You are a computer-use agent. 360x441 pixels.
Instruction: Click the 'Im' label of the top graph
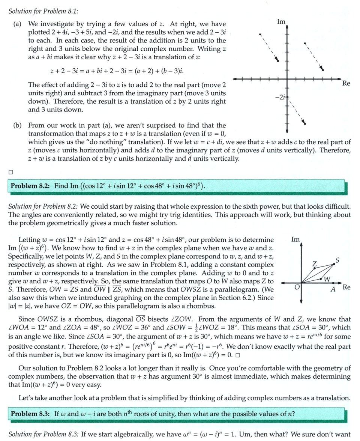pyautogui.click(x=281, y=22)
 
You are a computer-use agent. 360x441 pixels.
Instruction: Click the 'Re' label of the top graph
pyautogui.click(x=346, y=83)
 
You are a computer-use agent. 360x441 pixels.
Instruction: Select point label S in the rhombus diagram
pyautogui.click(x=337, y=260)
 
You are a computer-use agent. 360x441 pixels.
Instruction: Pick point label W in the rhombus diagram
pyautogui.click(x=327, y=279)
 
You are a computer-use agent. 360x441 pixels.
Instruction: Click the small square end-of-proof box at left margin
pyautogui.click(x=10, y=172)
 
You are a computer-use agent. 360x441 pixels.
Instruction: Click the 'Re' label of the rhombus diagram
pyautogui.click(x=346, y=287)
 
